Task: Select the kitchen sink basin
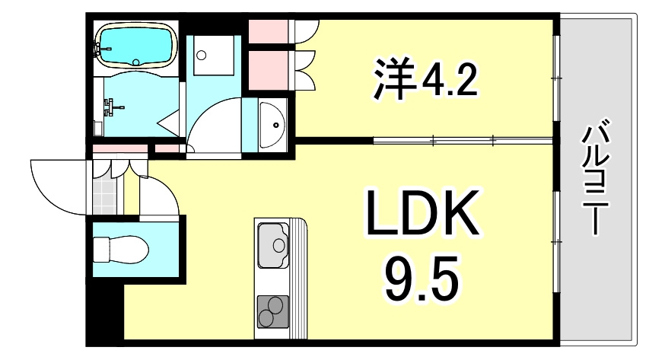(x=274, y=245)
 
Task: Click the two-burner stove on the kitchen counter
(x=272, y=311)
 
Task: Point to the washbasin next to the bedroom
(x=272, y=125)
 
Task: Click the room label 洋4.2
(x=425, y=79)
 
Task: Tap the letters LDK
(x=423, y=213)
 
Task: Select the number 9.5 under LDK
(x=422, y=278)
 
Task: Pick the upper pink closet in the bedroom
(x=269, y=31)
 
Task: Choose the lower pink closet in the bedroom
(x=269, y=70)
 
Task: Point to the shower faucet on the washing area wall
(x=112, y=107)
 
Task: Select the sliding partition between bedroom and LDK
(x=463, y=139)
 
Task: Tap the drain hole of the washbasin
(x=276, y=125)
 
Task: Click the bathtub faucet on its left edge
(x=102, y=49)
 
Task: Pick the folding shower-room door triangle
(x=170, y=124)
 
